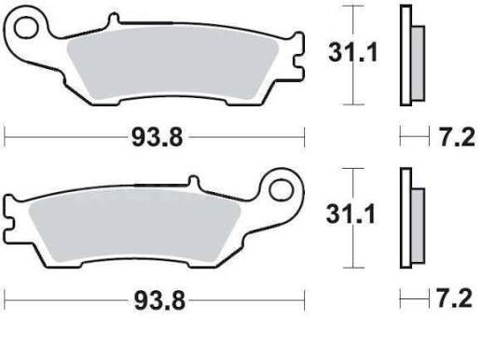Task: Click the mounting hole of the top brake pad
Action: (26, 27)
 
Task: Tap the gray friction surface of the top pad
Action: (172, 63)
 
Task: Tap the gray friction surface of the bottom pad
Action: (134, 226)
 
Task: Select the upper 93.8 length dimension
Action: (157, 137)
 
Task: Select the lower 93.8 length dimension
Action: (159, 300)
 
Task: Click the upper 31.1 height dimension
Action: (352, 52)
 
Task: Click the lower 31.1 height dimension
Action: (351, 215)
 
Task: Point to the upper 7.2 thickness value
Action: (458, 137)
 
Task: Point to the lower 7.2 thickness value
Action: (455, 298)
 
